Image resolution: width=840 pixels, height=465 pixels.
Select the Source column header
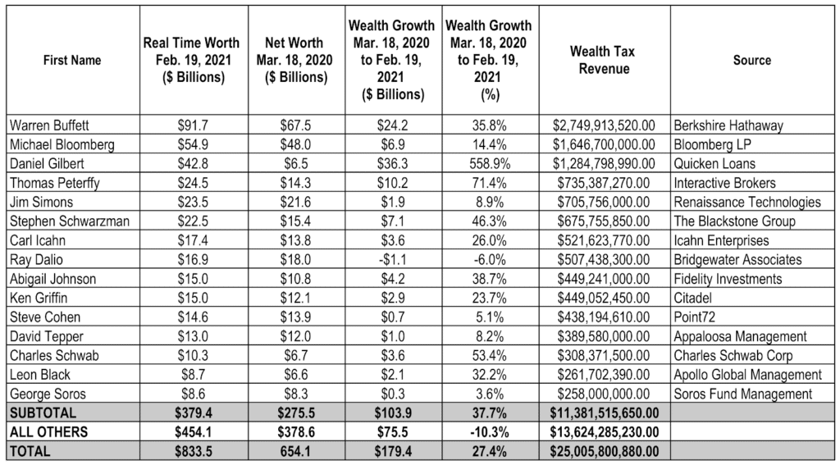751,60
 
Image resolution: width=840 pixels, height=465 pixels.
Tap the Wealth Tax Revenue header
603,60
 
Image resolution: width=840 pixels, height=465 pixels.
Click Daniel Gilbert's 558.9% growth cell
487,164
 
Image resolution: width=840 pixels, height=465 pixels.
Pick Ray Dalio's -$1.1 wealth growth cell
391,260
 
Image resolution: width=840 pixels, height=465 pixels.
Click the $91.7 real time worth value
186,126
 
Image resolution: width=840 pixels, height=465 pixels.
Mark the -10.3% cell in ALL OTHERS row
487,432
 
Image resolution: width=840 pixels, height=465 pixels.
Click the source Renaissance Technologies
746,203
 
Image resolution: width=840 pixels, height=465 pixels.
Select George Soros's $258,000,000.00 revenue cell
603,394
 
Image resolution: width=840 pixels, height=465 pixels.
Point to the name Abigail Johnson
50,279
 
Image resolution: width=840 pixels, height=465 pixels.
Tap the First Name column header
73,60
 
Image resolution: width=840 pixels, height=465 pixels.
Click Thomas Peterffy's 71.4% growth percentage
487,184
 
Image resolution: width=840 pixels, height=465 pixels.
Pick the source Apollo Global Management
746,375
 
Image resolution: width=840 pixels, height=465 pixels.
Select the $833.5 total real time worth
186,451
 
